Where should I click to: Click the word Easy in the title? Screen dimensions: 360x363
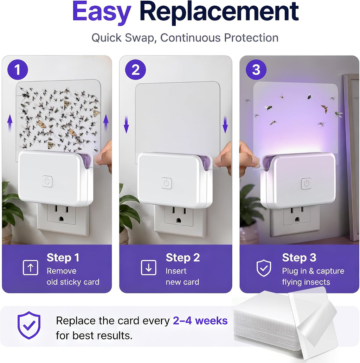click(x=102, y=12)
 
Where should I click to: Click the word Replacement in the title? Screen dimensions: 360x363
click(x=219, y=12)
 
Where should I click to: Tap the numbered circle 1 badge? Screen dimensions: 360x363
click(x=18, y=69)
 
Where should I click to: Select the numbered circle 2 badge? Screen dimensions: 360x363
click(x=136, y=69)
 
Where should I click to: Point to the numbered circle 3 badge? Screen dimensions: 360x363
click(x=256, y=69)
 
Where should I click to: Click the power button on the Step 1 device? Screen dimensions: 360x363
click(x=47, y=181)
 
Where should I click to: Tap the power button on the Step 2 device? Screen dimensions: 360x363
click(x=167, y=183)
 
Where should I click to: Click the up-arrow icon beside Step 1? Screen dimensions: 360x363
click(x=31, y=267)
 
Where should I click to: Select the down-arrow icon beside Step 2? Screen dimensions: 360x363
click(x=148, y=267)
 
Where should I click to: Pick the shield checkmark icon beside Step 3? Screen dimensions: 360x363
click(x=264, y=268)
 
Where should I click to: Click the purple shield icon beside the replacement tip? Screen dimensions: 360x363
click(x=29, y=325)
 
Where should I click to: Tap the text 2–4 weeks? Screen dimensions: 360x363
click(x=200, y=321)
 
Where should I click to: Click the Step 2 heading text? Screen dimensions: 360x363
click(x=183, y=258)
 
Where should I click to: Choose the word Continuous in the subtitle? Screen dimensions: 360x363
click(x=190, y=38)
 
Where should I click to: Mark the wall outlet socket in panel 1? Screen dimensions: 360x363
click(x=61, y=214)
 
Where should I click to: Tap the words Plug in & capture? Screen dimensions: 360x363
click(x=313, y=271)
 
